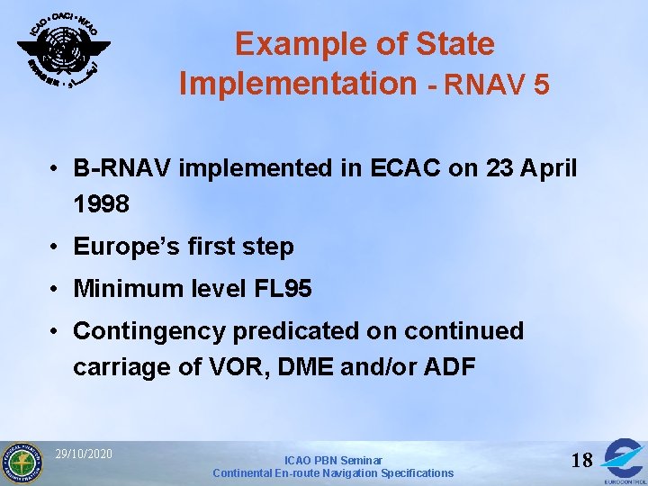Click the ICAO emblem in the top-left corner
tap(63, 50)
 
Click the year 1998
tap(102, 204)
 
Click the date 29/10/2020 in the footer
tap(84, 454)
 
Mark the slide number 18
tap(582, 461)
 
